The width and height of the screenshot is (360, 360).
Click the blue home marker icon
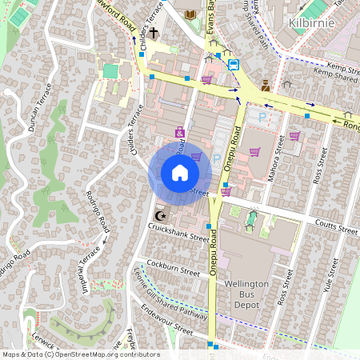pos(179,173)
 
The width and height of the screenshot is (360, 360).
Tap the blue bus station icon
pos(234,65)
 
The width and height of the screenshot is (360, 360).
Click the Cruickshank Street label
pos(178,234)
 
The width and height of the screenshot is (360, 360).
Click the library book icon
pos(190,14)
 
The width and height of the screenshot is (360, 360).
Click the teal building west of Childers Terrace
pos(110,71)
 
